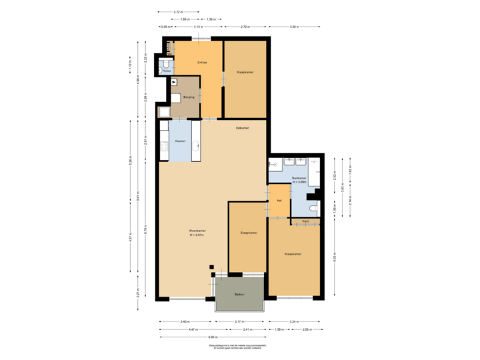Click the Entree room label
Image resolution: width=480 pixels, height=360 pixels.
coord(201,63)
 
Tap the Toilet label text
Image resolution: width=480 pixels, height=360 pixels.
coord(167,71)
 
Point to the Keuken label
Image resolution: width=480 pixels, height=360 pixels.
coord(179,141)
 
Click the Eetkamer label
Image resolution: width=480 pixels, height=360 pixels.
coord(242,127)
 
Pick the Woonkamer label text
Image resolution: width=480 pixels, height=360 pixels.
coord(197,233)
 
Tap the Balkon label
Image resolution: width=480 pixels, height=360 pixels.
coord(239,294)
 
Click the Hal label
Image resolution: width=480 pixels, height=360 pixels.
coord(280,200)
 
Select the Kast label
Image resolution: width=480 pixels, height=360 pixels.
coord(305,221)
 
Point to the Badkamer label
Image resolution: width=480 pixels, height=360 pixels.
coord(299,179)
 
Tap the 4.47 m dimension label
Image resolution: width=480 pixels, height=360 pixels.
coord(193,329)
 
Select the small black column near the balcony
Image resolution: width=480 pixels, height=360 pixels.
coord(213,267)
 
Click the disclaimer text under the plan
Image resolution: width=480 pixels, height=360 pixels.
coord(240,347)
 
